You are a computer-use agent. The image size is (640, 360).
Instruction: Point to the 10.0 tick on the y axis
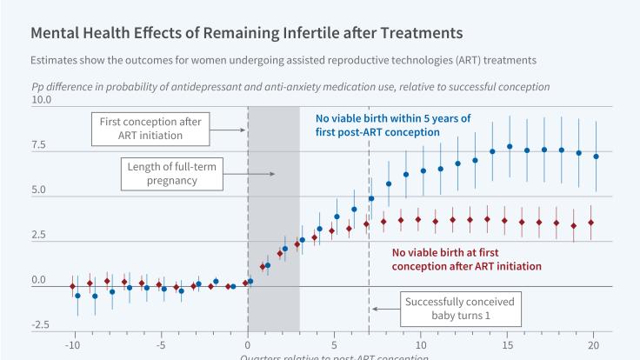tap(42, 101)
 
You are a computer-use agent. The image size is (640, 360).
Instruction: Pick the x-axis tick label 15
tap(508, 344)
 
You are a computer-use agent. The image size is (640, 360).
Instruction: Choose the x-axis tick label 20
tap(595, 344)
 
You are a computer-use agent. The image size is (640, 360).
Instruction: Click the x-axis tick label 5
tap(334, 344)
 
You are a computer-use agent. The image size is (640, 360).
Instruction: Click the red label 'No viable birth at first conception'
tap(461, 258)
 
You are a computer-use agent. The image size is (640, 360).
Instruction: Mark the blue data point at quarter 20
tap(596, 157)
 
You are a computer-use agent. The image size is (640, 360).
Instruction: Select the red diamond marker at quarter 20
tap(591, 223)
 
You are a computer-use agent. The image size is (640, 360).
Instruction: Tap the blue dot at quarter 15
tap(510, 147)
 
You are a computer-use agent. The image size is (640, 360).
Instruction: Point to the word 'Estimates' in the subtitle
tap(56, 60)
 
